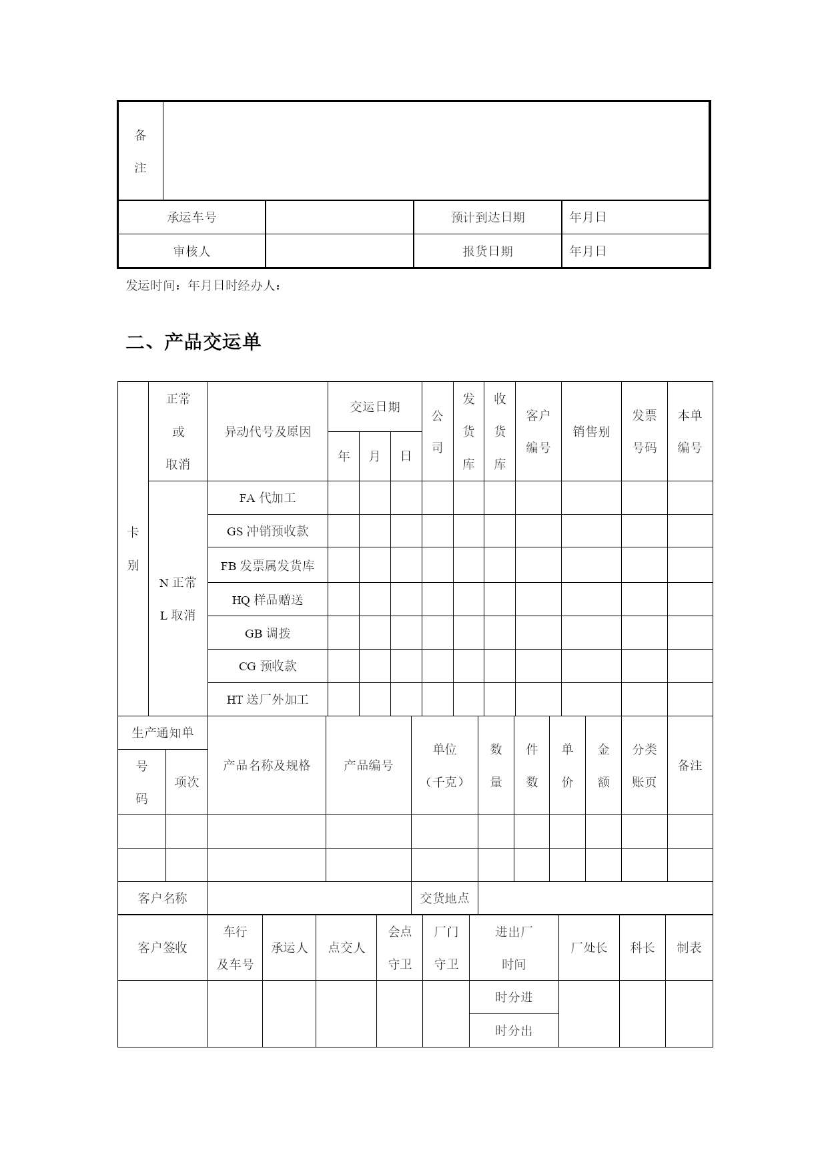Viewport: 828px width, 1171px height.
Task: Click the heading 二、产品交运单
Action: click(193, 342)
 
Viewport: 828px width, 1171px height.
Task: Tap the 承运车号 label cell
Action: click(191, 217)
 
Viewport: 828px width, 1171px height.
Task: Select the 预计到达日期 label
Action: click(488, 217)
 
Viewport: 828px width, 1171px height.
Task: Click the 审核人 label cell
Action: click(191, 251)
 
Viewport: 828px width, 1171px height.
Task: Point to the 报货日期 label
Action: click(488, 251)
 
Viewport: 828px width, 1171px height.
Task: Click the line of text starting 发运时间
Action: click(203, 286)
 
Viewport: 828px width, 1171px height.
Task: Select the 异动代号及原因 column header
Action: click(268, 431)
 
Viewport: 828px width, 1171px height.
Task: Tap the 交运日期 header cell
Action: click(375, 407)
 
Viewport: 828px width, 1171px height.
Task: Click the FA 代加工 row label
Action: click(268, 498)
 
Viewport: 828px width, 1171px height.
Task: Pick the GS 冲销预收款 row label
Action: click(268, 531)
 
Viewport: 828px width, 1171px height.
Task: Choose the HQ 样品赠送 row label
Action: click(268, 600)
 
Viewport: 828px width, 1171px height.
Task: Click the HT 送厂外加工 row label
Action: click(268, 700)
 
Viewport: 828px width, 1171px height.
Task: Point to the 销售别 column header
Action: click(591, 431)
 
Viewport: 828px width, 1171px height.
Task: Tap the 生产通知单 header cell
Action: click(163, 732)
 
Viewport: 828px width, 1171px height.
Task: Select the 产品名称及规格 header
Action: click(267, 765)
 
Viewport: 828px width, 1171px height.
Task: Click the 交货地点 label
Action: click(444, 898)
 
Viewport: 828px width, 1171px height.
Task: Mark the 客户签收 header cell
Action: click(163, 947)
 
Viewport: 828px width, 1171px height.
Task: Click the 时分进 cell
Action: click(514, 997)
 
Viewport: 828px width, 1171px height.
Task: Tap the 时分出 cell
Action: click(514, 1030)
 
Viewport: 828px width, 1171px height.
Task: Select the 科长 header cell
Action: click(643, 947)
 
